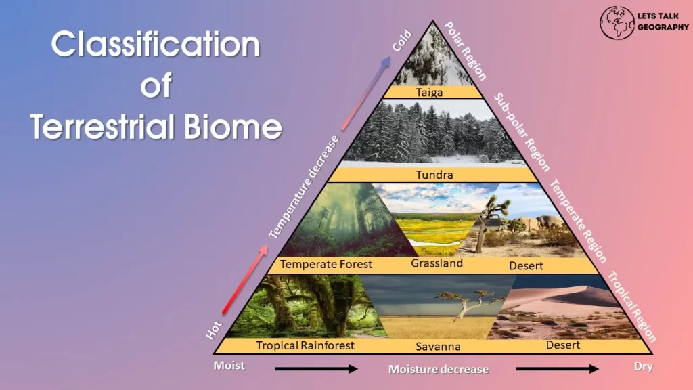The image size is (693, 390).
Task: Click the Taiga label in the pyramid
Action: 429,92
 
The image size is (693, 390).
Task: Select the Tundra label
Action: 434,175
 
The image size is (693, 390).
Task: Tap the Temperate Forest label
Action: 326,264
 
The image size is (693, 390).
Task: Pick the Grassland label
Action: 437,263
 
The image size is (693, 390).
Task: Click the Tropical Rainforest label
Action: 305,345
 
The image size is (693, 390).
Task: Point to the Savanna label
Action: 438,346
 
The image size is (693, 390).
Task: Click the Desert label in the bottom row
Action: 562,345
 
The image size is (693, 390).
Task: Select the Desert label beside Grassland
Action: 526,265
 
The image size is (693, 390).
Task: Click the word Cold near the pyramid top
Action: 402,41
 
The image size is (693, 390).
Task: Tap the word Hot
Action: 213,330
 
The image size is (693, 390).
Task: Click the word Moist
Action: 229,366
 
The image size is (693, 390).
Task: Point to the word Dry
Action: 644,366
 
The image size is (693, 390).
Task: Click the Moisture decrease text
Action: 439,369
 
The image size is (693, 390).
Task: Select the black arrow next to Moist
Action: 316,368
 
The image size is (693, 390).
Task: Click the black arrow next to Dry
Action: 557,368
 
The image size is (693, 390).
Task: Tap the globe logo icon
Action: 617,22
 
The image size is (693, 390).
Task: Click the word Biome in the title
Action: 233,126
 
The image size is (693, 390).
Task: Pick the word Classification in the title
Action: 156,44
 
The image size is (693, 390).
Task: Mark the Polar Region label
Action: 465,51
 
